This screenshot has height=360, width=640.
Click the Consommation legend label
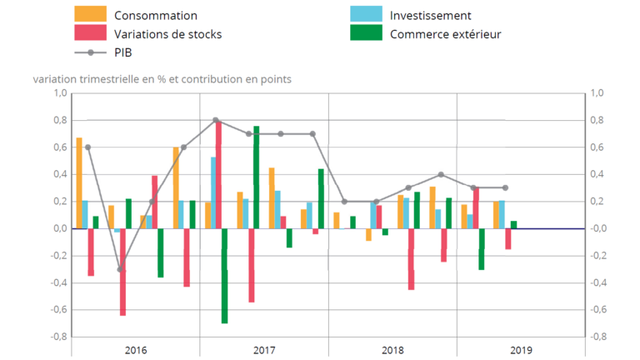(155, 16)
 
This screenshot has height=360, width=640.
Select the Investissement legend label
(430, 16)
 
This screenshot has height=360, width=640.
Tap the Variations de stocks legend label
(167, 34)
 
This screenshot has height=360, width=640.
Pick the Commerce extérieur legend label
(445, 34)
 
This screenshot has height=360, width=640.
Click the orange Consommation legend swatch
(90, 15)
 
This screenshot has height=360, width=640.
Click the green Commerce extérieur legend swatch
(365, 33)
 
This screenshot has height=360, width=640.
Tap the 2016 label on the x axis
(136, 350)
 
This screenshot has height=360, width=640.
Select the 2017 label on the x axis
(264, 350)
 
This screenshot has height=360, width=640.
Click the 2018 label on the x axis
(392, 350)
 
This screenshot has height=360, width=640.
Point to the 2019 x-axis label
(521, 350)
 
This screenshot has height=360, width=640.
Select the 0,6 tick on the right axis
(597, 147)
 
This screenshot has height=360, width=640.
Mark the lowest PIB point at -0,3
(120, 269)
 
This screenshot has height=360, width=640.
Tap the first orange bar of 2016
(79, 182)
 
